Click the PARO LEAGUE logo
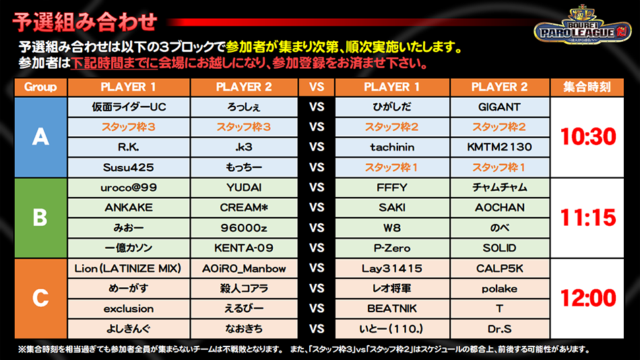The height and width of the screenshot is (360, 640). pos(583,26)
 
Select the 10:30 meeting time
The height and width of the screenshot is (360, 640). pos(587,136)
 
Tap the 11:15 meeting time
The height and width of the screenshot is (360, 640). pos(587,217)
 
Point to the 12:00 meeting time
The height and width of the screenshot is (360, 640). pos(587,298)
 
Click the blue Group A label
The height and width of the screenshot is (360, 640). pos(40,137)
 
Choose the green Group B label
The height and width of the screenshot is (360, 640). pos(40,217)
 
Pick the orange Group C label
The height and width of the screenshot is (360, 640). pos(40,298)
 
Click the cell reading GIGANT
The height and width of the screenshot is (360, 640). pos(499,107)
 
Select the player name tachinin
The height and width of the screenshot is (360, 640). pos(392,147)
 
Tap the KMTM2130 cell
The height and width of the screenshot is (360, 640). pos(499,147)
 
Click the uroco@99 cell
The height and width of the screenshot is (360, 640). pos(129,187)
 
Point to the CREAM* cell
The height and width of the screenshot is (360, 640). pos(244,208)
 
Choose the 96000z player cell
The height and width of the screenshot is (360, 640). pos(244,228)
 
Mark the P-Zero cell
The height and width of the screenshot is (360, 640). pos(392,248)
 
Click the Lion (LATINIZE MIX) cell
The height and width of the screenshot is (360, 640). pos(129,268)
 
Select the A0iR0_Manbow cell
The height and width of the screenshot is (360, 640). pos(244,268)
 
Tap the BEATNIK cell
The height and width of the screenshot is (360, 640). pos(392,309)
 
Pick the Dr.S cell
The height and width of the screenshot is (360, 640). pos(499,329)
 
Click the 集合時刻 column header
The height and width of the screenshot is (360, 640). pos(587,87)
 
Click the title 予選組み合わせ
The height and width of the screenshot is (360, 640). pos(85,22)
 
